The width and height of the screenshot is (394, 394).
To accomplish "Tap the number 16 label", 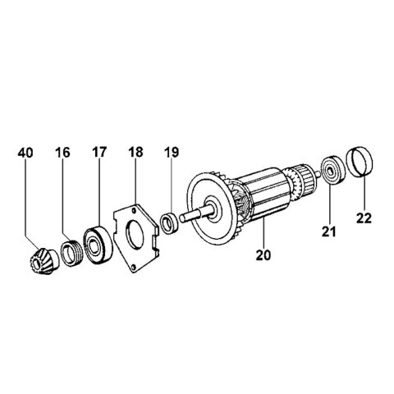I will [x=64, y=153].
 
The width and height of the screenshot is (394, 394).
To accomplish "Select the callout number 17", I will [x=99, y=153].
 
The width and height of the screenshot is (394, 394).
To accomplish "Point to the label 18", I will [x=135, y=153].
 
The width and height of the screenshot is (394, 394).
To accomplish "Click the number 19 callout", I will [x=170, y=153].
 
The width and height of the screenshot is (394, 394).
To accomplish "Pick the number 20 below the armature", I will [x=263, y=254].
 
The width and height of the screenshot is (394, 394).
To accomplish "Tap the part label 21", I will [x=329, y=232].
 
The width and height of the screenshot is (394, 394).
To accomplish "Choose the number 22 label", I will [x=364, y=218].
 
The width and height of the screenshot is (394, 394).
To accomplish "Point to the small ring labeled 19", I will [x=169, y=222].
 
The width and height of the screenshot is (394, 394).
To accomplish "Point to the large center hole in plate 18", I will [x=136, y=236].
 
